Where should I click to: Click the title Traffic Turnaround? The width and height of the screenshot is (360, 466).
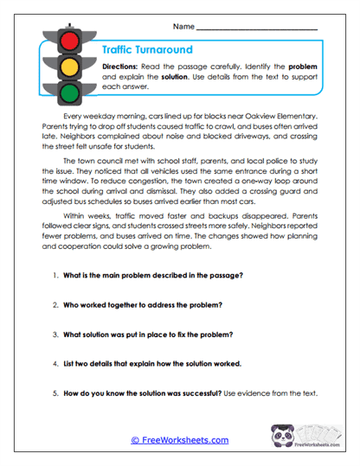[x=147, y=50]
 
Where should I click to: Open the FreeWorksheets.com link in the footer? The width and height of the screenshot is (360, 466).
[x=179, y=440]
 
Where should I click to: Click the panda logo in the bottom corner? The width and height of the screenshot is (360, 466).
[x=293, y=437]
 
